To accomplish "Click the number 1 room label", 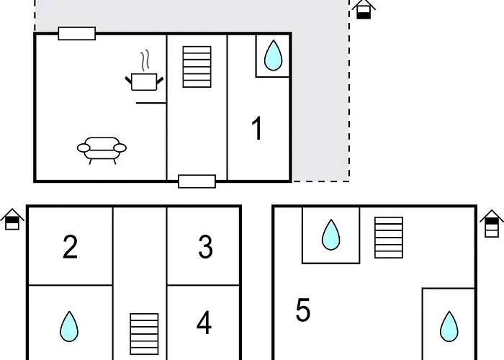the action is (257, 128).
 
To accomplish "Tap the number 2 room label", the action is (70, 246).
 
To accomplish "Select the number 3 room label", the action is (206, 246).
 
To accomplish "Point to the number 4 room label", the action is (204, 323).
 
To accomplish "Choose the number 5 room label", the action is (303, 310).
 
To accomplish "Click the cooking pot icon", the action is (144, 82).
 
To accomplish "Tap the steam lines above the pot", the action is (145, 60).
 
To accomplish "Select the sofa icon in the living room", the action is (102, 150).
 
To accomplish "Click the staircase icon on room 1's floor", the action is (197, 67).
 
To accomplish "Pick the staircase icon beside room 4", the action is (144, 334).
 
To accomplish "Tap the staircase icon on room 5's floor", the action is (389, 238).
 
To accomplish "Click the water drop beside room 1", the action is (273, 55).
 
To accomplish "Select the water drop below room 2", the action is (69, 326).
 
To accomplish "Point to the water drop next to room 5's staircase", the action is (330, 235).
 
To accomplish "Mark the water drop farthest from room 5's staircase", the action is (449, 327).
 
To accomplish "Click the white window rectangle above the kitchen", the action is (77, 33).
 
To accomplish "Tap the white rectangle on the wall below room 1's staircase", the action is (197, 181).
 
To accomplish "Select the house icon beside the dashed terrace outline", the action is (364, 9).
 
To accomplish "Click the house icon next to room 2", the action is (12, 219).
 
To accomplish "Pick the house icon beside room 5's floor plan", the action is (492, 224).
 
